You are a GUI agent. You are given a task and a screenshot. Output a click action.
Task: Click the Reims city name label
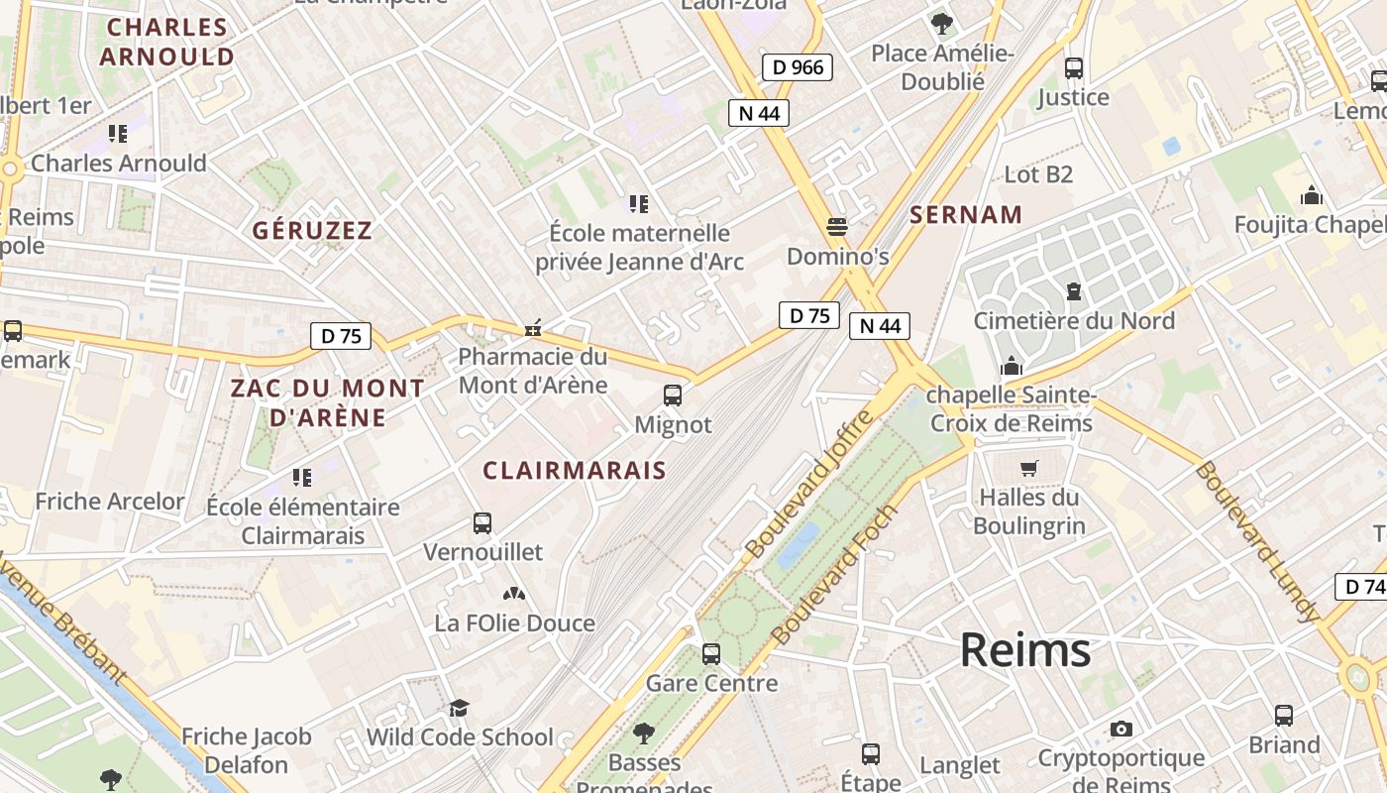point(1025,651)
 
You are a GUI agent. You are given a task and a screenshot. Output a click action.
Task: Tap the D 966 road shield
point(797,67)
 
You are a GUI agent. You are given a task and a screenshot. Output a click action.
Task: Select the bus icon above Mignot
point(673,396)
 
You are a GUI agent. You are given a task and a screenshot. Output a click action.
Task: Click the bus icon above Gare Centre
point(711,654)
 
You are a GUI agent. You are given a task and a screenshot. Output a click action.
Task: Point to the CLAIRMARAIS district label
point(575,471)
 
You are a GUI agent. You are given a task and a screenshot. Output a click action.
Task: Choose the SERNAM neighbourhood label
point(966,215)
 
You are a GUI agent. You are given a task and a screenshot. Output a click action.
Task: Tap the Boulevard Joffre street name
point(809,484)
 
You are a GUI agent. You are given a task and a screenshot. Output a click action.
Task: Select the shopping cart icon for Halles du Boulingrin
point(1029,468)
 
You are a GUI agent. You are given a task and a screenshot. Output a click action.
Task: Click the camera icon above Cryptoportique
point(1120,730)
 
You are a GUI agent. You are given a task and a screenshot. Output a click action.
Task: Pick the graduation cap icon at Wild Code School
point(459,708)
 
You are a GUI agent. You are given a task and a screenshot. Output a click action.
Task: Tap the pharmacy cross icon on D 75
point(533,328)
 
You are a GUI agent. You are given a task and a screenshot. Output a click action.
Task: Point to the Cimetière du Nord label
point(1074,321)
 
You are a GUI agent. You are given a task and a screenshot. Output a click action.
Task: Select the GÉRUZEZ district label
point(312,231)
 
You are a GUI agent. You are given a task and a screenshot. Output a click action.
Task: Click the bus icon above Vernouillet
point(482,522)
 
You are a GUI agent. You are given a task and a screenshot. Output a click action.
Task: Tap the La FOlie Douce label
point(515,623)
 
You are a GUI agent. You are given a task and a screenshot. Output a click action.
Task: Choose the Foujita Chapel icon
point(1312,195)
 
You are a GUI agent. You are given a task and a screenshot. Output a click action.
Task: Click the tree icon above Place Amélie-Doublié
point(941,24)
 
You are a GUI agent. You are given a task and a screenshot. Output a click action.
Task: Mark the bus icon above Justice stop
point(1074,68)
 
